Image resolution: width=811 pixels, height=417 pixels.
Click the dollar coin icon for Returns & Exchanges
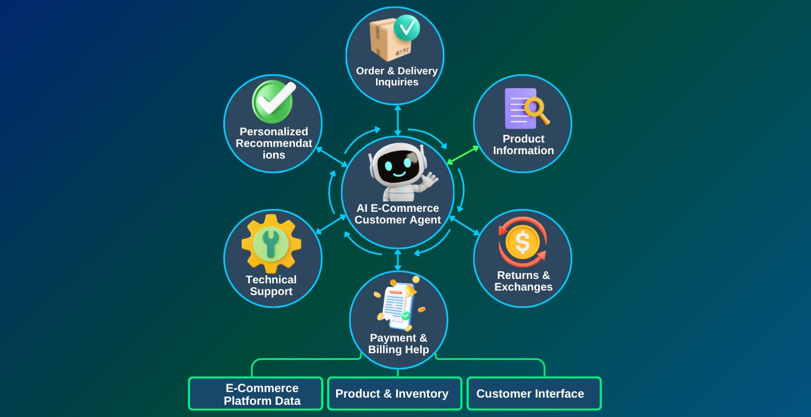point(523,242)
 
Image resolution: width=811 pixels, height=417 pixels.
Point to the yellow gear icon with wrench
point(271,243)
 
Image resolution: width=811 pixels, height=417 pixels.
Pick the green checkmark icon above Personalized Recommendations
point(273,101)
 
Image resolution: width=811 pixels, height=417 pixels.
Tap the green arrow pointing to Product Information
point(463,155)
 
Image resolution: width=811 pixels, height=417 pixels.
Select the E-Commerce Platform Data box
point(256,394)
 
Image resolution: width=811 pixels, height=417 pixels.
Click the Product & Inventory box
point(394,394)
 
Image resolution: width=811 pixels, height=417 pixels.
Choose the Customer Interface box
point(534,394)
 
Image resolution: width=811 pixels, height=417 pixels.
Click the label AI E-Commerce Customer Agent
point(398,214)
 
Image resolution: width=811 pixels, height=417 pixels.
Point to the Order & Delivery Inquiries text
point(397,77)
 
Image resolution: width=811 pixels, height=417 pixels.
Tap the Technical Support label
point(271,286)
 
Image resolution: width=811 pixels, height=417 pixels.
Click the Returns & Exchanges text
point(523,281)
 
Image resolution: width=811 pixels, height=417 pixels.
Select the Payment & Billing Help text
point(398,344)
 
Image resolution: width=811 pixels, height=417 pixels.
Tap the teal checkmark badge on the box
point(407,27)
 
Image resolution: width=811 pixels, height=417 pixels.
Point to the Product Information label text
point(523,145)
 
